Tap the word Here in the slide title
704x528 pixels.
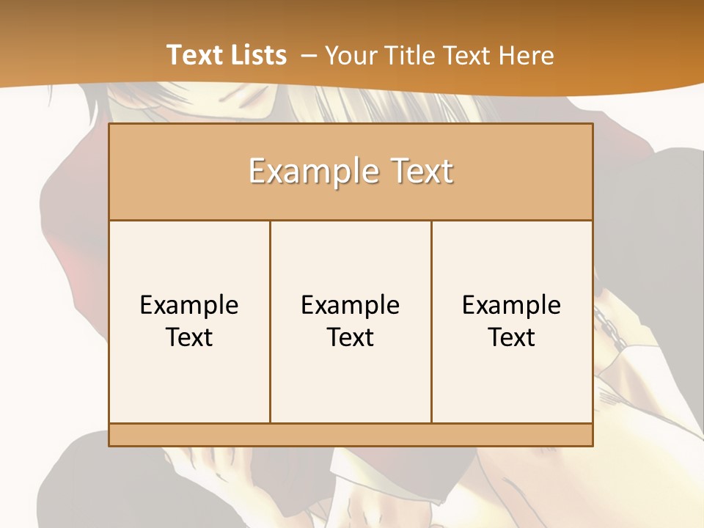click(526, 55)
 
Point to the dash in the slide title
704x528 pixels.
click(309, 56)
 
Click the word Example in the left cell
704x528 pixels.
click(189, 305)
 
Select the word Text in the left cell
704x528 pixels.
click(189, 337)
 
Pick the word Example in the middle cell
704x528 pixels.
click(351, 305)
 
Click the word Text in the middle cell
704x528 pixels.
click(351, 337)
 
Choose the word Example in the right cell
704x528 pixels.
click(512, 305)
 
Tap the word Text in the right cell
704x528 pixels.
click(512, 337)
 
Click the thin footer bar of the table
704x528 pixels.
click(351, 435)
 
